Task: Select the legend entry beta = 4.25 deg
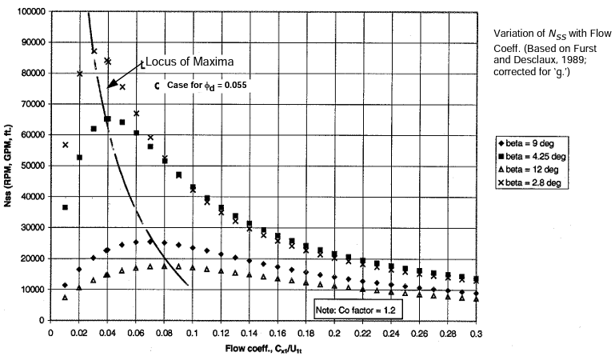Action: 537,155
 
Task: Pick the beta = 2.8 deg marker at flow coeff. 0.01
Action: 65,145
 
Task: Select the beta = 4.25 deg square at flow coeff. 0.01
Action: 65,207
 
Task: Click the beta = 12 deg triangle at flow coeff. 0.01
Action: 65,297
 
